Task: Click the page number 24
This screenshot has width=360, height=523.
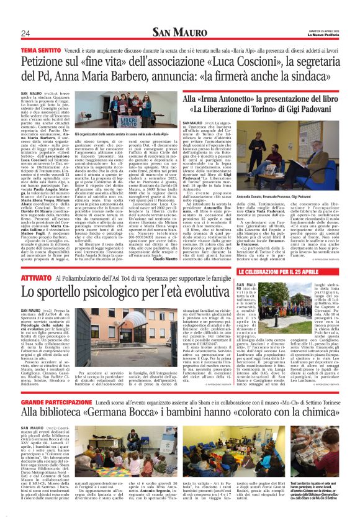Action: (x=25, y=33)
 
